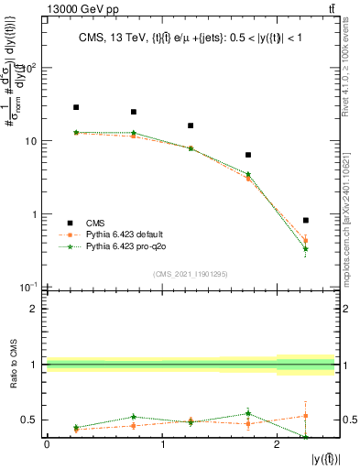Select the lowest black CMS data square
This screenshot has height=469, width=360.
[305, 221]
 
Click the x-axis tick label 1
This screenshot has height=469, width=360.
[162, 444]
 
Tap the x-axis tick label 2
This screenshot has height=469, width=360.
[277, 444]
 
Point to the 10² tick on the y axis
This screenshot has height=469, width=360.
[31, 68]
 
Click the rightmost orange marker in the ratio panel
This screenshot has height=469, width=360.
[305, 416]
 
